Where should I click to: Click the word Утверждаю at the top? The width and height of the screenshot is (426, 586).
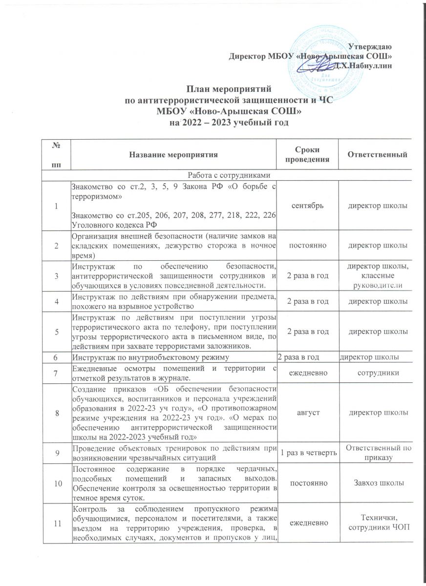tap(371, 46)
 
